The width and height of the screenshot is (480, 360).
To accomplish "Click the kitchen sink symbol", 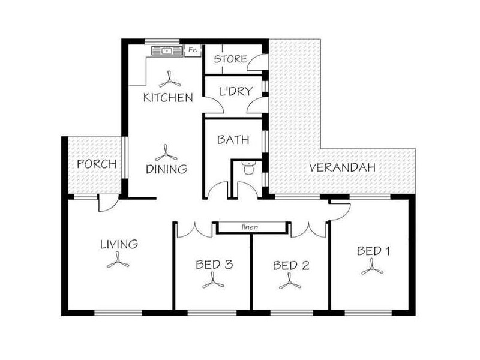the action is coord(167,51).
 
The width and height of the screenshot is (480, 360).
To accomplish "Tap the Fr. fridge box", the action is coord(193,50).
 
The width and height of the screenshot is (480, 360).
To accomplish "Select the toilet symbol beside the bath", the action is coord(248,168).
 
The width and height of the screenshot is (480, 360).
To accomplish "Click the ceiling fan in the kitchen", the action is coord(170,80).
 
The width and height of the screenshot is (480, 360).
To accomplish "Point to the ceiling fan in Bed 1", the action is coord(372,267).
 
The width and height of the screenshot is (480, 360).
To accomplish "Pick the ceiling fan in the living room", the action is coord(118,260).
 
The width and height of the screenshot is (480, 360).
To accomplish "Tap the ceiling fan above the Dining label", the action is coord(166,153).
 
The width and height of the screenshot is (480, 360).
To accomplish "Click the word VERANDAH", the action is coord(342,167).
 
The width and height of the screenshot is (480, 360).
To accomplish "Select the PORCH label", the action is coord(97,164).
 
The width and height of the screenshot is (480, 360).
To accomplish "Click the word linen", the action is coord(250,227).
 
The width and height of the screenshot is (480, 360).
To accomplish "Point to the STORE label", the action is coord(230,59).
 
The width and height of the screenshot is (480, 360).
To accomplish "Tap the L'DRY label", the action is coord(236,91).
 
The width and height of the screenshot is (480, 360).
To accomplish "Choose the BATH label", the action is coord(233,140).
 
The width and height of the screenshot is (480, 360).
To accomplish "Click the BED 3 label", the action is coord(214,265).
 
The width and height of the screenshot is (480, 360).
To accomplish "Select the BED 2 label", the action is coord(291,265).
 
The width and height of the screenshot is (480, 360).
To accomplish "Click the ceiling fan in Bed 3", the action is coord(214,281).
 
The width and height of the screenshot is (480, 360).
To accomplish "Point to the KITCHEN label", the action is coord(168,98).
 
